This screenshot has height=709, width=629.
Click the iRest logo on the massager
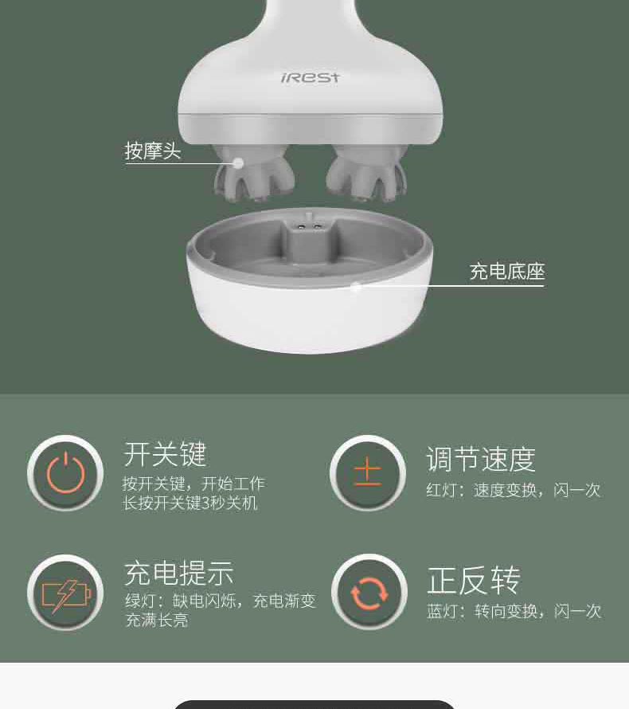(310, 78)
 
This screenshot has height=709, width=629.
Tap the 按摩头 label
(153, 151)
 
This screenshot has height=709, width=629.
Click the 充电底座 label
(507, 272)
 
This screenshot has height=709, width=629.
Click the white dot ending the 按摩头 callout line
(238, 163)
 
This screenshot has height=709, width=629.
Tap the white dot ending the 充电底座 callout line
(356, 286)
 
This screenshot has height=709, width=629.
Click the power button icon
(65, 473)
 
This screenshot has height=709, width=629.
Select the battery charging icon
(65, 593)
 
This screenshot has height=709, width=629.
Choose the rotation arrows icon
(369, 593)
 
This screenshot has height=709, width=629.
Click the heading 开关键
(166, 454)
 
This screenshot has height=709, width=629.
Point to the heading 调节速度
(481, 460)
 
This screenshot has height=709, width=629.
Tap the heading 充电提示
(179, 574)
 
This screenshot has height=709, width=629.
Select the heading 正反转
(474, 581)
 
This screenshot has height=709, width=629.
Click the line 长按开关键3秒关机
(190, 503)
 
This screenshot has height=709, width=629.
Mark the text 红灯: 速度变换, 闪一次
(514, 490)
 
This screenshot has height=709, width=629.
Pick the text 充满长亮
(157, 620)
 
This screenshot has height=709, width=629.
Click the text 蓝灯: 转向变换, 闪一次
(514, 611)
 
